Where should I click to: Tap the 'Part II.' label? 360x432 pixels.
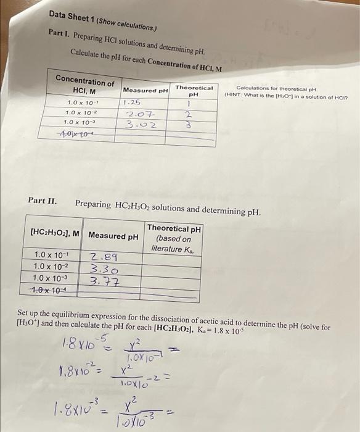[43, 201]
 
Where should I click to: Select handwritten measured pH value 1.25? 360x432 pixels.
[132, 102]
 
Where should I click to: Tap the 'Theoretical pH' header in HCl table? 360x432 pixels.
[193, 91]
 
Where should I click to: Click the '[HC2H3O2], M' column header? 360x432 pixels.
[55, 235]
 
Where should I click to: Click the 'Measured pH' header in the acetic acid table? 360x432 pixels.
[113, 235]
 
